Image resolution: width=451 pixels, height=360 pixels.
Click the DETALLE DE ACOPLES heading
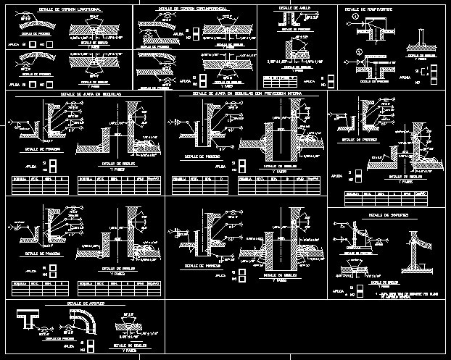point(83,303)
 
